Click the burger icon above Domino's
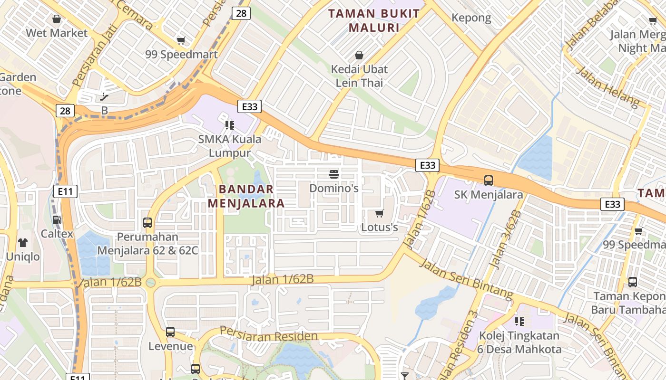click(333, 174)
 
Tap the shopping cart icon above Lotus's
click(379, 213)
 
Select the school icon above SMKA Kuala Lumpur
click(230, 125)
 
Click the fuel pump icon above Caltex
click(57, 219)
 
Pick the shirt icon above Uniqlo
click(23, 242)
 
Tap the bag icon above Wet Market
click(57, 19)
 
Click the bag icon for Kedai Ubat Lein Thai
click(359, 55)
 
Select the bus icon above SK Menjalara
click(489, 180)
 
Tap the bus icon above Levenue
click(170, 332)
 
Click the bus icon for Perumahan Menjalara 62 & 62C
click(147, 222)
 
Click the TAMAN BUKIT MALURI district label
click(374, 20)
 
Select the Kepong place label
click(471, 18)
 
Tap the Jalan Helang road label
click(607, 86)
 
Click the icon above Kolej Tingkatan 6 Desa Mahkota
click(519, 322)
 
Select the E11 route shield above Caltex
click(65, 191)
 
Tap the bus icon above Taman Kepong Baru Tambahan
click(633, 282)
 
